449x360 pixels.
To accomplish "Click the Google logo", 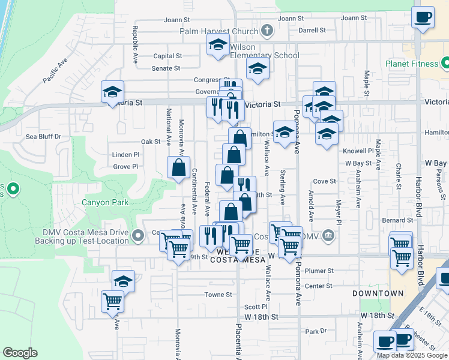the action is (20, 353).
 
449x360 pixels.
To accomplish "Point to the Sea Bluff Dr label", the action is (44, 136).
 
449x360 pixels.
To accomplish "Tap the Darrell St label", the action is (312, 29).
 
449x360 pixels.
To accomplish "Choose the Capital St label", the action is (167, 56).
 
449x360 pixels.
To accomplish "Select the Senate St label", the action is (166, 68).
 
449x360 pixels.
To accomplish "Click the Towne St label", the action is (218, 295).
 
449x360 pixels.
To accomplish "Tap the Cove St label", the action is (324, 181).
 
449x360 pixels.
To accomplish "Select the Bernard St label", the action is (393, 220).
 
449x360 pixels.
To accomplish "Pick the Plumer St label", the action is (319, 271).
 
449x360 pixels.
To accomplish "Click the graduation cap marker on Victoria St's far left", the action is (112, 92).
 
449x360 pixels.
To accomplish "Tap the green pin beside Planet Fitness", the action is (445, 62).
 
